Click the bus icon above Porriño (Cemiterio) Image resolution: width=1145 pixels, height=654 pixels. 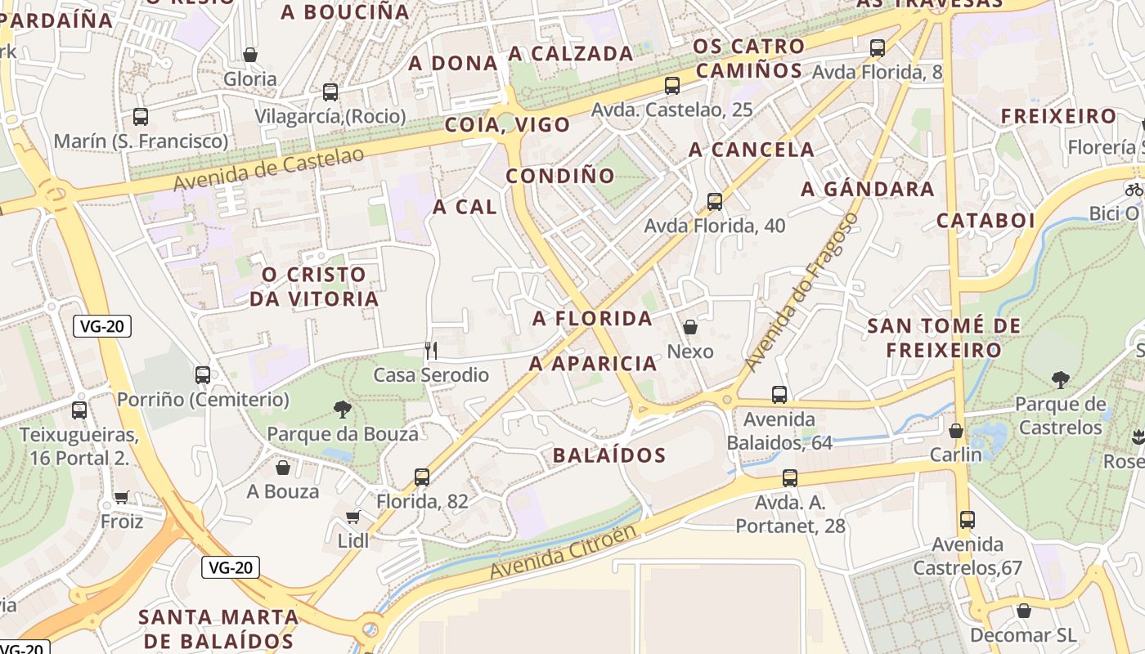[203, 375]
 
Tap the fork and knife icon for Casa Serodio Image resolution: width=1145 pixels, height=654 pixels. [431, 351]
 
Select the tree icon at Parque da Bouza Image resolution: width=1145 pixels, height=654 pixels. [342, 410]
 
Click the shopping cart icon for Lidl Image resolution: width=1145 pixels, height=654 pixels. [353, 517]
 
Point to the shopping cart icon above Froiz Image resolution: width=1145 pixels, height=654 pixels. [122, 497]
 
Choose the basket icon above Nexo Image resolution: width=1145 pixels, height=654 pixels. [690, 327]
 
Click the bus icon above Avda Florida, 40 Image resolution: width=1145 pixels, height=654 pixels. [715, 201]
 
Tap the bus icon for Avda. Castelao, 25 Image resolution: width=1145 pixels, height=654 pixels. [672, 85]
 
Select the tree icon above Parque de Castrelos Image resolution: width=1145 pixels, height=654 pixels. [1061, 379]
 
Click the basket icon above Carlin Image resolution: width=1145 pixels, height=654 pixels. [955, 430]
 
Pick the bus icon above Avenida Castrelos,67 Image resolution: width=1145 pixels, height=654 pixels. [968, 519]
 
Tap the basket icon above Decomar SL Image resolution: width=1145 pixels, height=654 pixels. [1023, 611]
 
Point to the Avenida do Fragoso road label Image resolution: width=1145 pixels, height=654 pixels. [802, 291]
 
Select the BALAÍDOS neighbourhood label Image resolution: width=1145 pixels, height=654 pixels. [609, 455]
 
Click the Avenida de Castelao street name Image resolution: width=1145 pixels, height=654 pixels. [269, 168]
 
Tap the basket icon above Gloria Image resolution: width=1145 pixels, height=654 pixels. [250, 55]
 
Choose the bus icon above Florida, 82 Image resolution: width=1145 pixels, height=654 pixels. [422, 477]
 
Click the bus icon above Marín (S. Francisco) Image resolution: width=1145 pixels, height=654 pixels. [141, 117]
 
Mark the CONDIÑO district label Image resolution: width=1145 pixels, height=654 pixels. [560, 176]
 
